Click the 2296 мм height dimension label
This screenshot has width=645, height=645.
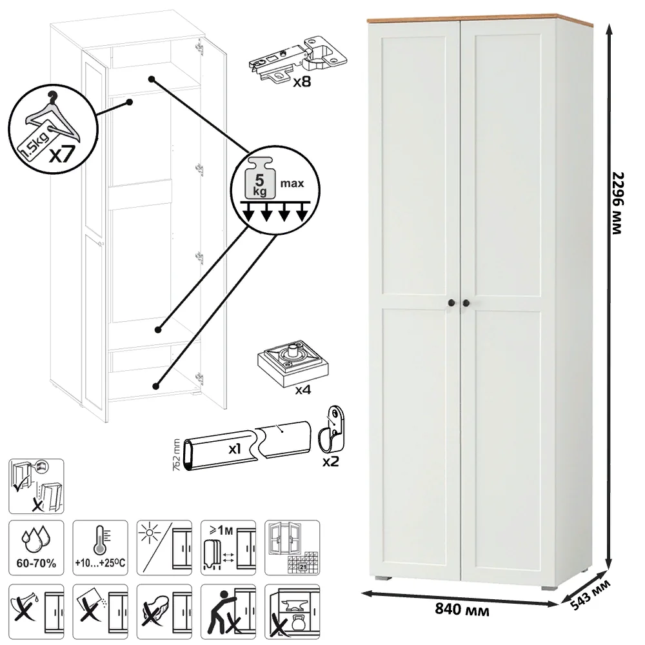[618, 203]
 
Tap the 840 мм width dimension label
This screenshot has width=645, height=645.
[462, 610]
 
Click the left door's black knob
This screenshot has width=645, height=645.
[451, 303]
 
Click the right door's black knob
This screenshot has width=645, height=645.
[466, 303]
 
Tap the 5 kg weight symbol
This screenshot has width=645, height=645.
[260, 177]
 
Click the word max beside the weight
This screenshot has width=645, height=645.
[292, 183]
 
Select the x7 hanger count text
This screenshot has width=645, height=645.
[62, 154]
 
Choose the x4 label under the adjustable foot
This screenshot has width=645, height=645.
[303, 390]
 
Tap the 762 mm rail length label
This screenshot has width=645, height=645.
[177, 455]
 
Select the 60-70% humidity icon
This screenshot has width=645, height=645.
[36, 548]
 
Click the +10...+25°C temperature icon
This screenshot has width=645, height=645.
[101, 548]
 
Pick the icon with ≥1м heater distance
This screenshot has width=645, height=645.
[228, 548]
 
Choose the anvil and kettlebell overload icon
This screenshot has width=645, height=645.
[292, 611]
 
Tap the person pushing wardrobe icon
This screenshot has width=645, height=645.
[228, 611]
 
